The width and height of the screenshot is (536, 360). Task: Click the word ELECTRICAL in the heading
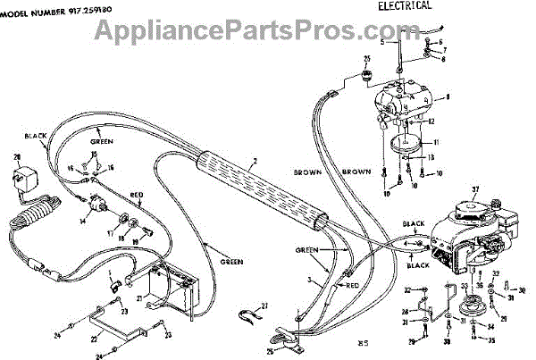(400, 5)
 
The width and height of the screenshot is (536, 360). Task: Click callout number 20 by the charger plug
(17, 158)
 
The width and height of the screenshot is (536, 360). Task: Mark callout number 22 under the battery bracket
(94, 339)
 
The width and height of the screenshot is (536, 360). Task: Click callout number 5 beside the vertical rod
(381, 42)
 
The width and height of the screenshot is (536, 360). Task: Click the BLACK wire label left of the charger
(36, 136)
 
